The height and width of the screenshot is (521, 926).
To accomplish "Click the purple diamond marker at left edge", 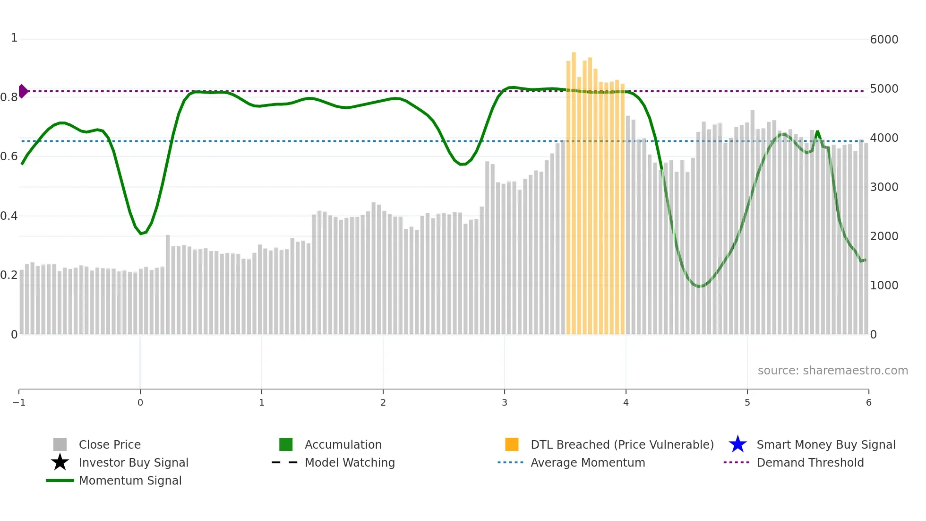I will point(23,91).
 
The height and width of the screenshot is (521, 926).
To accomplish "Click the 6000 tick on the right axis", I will point(884,40).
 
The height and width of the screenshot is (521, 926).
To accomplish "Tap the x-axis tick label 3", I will point(504,403).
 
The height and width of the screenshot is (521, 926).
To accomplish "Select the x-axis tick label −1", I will point(19,403).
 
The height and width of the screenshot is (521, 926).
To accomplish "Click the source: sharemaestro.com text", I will point(832,371).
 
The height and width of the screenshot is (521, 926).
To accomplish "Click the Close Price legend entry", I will point(110,445).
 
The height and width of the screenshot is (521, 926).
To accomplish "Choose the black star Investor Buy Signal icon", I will point(60,462).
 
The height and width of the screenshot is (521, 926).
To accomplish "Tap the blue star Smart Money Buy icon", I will point(737,444).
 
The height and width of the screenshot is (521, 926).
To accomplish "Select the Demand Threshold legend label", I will point(810,463).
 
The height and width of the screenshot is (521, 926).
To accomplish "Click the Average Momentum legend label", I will point(587,463).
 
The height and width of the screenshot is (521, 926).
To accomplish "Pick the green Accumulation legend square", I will point(286,444).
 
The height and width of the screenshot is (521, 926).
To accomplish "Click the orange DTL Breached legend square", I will point(512,444).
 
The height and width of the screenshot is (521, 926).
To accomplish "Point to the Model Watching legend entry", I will point(350,463).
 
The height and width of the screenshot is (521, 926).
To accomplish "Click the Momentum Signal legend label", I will point(130,481).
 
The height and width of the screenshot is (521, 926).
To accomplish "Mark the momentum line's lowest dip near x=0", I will point(141,234).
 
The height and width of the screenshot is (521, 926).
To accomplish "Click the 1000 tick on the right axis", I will point(884,286).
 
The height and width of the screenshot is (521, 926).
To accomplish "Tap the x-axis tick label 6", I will point(868,403).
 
